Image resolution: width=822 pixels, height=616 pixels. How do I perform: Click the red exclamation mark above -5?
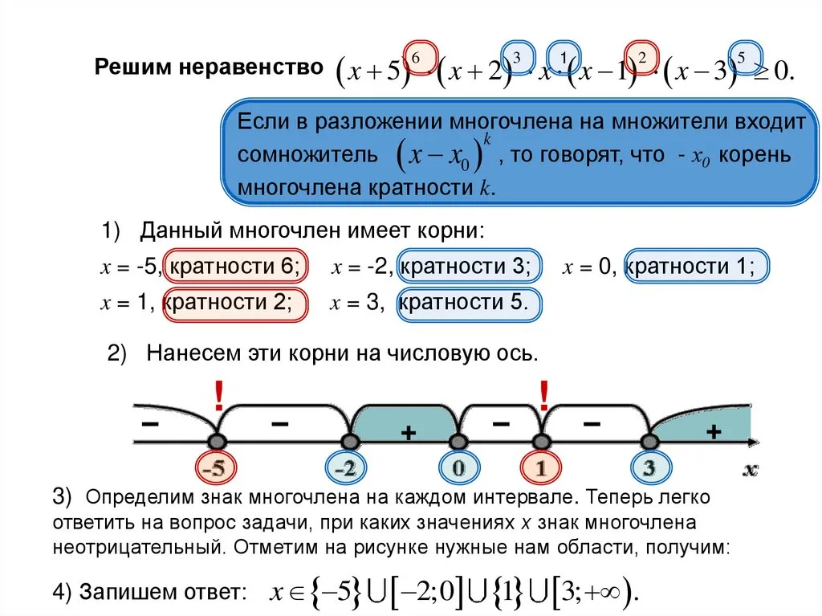click(x=219, y=396)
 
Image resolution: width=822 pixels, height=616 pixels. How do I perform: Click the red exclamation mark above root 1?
click(x=545, y=396)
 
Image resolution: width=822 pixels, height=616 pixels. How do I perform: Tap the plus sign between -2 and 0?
click(x=409, y=432)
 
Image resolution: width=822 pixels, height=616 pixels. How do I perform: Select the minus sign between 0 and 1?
click(x=501, y=423)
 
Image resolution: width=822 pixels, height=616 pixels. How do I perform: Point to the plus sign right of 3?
click(x=713, y=431)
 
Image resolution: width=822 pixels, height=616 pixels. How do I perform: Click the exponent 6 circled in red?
click(x=420, y=57)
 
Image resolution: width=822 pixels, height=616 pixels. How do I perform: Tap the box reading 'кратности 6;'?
click(x=235, y=267)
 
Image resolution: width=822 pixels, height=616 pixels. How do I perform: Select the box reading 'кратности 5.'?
click(x=469, y=304)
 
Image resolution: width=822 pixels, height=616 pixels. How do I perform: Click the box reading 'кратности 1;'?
click(x=696, y=267)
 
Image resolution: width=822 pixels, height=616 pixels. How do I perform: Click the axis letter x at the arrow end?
click(x=751, y=468)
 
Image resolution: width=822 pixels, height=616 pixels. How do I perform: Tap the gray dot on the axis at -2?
click(x=349, y=441)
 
